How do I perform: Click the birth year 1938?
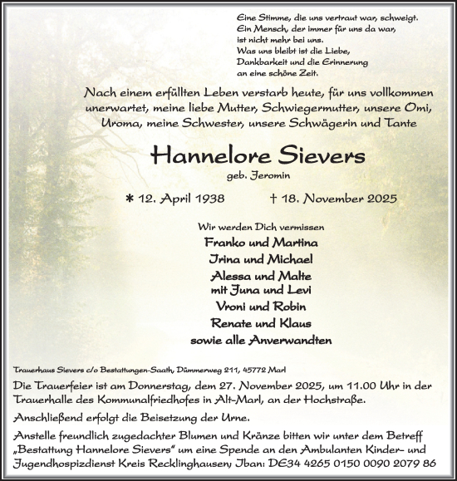(208, 199)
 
